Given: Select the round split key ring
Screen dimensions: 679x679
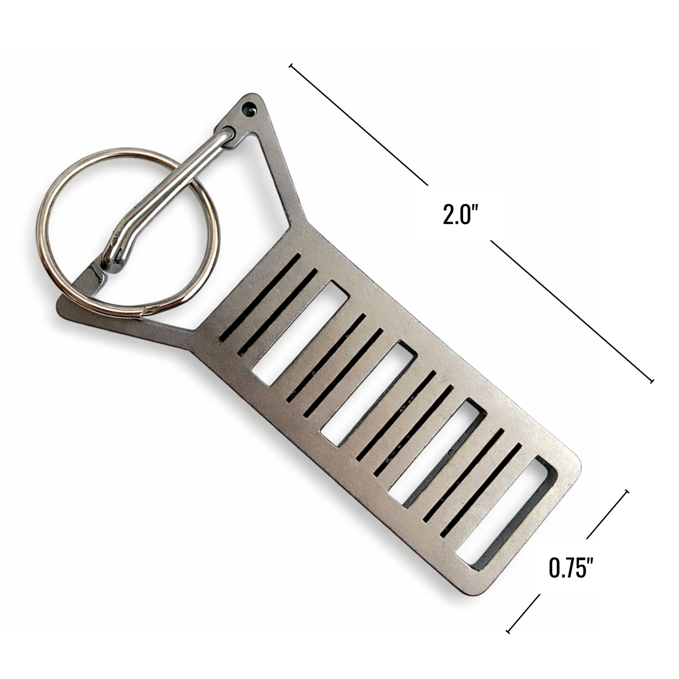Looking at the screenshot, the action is (128, 233).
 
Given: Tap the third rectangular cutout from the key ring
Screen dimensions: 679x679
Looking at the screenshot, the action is (437, 453).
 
